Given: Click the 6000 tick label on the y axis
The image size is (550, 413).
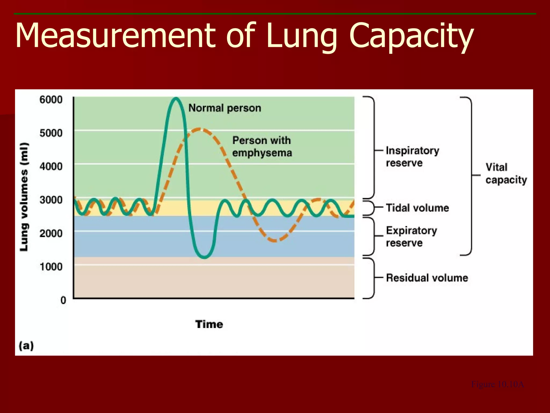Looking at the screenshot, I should (x=51, y=100).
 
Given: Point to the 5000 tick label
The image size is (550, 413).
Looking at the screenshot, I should (x=51, y=133).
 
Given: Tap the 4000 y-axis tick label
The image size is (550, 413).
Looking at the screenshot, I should (x=51, y=166).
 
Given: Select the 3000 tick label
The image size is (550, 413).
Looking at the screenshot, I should (x=51, y=200).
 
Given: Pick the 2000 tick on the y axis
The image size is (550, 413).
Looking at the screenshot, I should (x=51, y=233).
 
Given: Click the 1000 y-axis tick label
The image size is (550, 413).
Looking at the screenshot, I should (x=51, y=267).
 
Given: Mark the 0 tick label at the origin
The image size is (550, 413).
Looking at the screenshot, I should (x=63, y=300).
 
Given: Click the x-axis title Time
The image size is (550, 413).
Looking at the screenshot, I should (x=209, y=324).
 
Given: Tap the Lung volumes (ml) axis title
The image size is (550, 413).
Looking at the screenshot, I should (x=24, y=197).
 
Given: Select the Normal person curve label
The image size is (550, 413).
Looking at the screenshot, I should (x=225, y=108).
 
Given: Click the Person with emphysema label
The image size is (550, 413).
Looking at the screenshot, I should (x=262, y=147).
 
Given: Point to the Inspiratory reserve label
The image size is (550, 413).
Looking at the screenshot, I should (x=412, y=157).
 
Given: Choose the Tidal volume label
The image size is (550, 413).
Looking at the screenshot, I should (x=417, y=208).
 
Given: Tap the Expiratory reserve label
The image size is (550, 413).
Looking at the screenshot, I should (x=411, y=237).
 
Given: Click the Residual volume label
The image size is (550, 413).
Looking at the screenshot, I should (x=427, y=278).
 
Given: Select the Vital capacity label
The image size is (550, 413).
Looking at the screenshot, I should (x=506, y=174).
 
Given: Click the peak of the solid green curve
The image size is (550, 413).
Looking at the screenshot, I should (x=176, y=98).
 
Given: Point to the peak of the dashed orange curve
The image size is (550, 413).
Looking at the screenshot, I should (x=199, y=129).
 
